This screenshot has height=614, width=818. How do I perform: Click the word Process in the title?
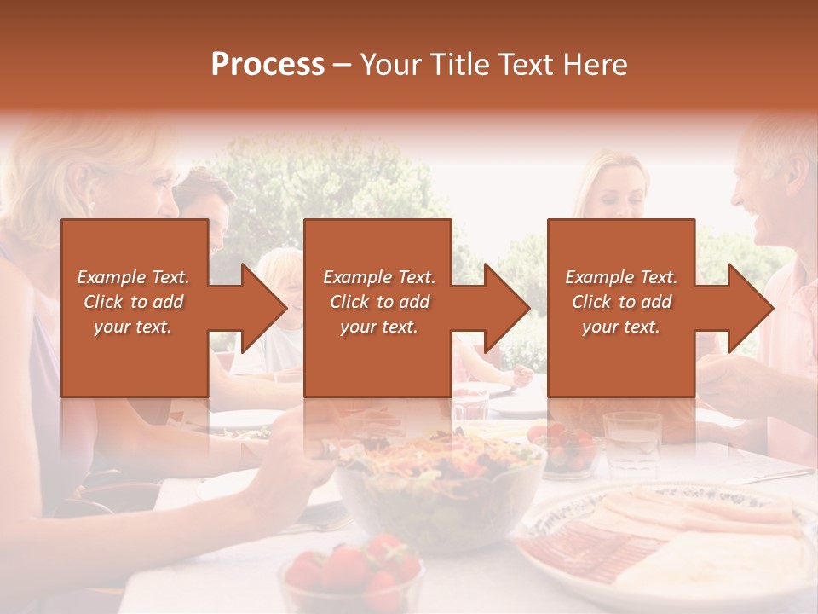point(268,64)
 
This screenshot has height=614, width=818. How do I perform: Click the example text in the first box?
point(133,302)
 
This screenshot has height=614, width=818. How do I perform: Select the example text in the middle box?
point(378,302)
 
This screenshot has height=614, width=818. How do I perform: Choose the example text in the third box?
point(620,302)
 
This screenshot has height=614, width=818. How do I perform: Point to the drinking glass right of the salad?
point(631,439)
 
